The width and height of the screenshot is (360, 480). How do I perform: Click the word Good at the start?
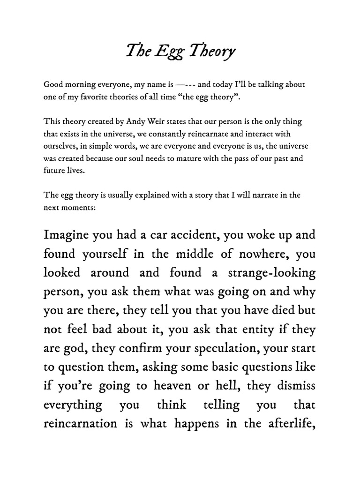52,85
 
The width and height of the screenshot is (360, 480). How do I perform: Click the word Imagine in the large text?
69,234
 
